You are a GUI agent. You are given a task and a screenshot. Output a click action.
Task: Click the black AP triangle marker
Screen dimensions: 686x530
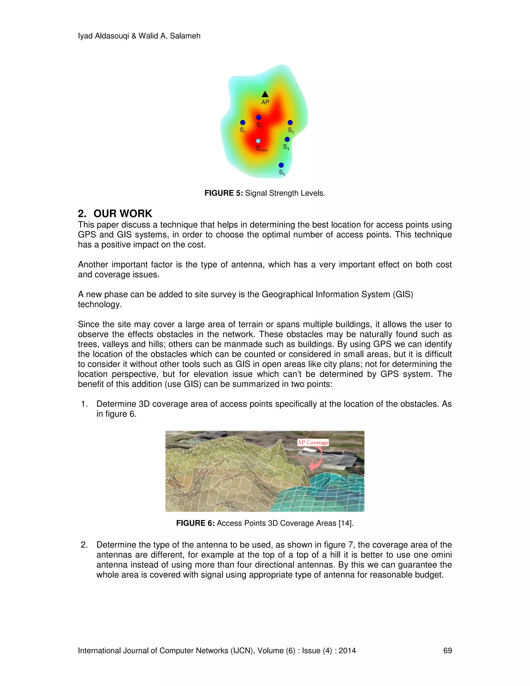pos(265,94)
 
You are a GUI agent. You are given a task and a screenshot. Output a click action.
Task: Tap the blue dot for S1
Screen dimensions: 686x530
pos(243,122)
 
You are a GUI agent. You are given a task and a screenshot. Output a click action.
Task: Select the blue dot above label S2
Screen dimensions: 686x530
pos(259,118)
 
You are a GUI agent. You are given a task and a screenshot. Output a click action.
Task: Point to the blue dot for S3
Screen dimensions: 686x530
pos(290,122)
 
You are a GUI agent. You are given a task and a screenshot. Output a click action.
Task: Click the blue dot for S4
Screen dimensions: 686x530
pos(287,140)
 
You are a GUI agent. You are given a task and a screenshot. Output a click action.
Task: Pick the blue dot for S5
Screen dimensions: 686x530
pos(281,165)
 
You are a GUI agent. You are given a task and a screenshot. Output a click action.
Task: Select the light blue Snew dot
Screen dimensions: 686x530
pos(258,141)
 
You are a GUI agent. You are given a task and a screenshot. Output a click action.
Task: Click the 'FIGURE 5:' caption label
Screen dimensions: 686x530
pos(224,193)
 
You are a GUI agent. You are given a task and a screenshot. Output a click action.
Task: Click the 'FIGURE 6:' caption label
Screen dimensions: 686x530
pos(195,523)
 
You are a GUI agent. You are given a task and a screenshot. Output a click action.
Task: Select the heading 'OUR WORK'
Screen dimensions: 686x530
pos(122,214)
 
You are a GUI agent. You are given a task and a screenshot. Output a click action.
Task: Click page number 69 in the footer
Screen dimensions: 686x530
pos(447,651)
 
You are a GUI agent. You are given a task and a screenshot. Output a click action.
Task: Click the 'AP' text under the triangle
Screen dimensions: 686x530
pos(265,102)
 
